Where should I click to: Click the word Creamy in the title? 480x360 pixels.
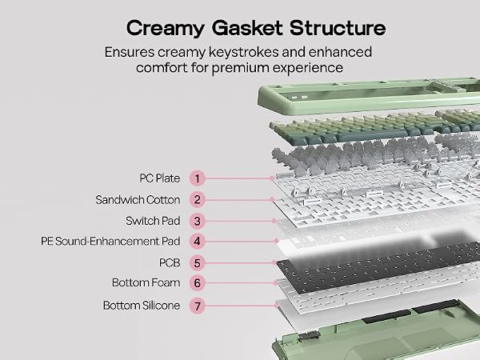pyautogui.click(x=166, y=29)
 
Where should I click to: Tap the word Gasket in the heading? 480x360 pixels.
pyautogui.click(x=247, y=27)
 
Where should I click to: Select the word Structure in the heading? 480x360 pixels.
pyautogui.click(x=338, y=27)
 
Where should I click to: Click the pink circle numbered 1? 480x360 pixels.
pyautogui.click(x=197, y=178)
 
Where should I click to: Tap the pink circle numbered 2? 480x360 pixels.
pyautogui.click(x=197, y=200)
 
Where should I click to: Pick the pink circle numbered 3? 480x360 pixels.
pyautogui.click(x=197, y=221)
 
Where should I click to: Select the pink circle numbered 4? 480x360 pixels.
pyautogui.click(x=197, y=242)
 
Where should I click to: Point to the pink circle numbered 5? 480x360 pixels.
pyautogui.click(x=197, y=263)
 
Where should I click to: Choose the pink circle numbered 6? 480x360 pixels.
pyautogui.click(x=197, y=283)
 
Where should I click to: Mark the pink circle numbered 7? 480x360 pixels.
pyautogui.click(x=197, y=306)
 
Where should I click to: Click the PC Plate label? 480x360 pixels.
pyautogui.click(x=160, y=178)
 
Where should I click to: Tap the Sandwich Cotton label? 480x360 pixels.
pyautogui.click(x=138, y=200)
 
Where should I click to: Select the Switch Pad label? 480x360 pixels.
pyautogui.click(x=153, y=221)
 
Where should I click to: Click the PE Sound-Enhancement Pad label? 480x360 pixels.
pyautogui.click(x=110, y=242)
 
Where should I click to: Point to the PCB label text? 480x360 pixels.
pyautogui.click(x=170, y=263)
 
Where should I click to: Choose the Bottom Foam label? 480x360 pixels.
pyautogui.click(x=146, y=283)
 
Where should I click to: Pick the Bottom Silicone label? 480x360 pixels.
pyautogui.click(x=142, y=306)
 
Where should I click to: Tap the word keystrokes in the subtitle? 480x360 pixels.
pyautogui.click(x=244, y=52)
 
